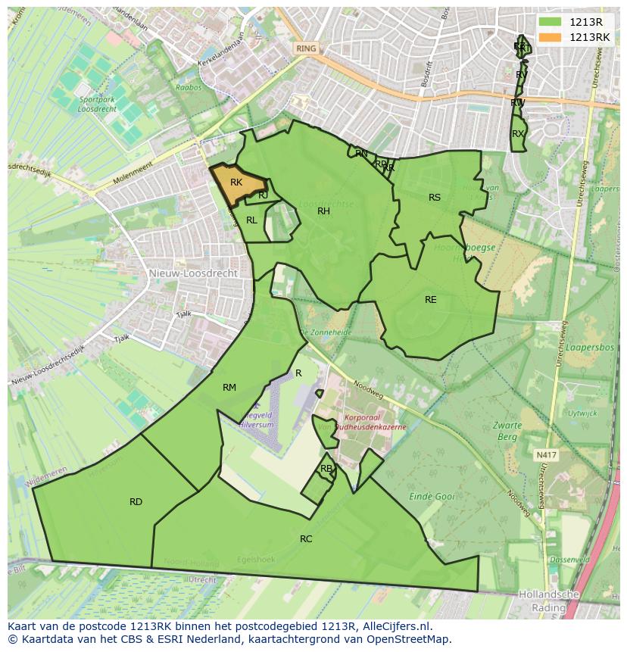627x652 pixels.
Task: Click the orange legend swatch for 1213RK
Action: click(551, 37)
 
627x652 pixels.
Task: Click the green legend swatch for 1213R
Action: click(551, 22)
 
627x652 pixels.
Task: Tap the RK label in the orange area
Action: click(236, 182)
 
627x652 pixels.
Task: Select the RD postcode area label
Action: click(136, 502)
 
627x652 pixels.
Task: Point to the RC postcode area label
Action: click(306, 539)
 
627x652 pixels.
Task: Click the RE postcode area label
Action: click(431, 300)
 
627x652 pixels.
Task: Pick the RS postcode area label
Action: click(435, 198)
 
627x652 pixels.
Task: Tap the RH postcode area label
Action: click(323, 211)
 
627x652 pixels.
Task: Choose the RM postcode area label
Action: click(229, 388)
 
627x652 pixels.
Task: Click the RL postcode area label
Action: click(251, 220)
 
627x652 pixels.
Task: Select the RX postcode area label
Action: click(518, 134)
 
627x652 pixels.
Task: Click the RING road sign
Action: click(306, 48)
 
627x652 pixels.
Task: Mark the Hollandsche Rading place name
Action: click(548, 601)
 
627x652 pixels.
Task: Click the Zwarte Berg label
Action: click(507, 432)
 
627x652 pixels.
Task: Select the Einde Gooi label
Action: click(432, 497)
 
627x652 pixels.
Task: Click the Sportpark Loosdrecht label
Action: click(96, 104)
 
